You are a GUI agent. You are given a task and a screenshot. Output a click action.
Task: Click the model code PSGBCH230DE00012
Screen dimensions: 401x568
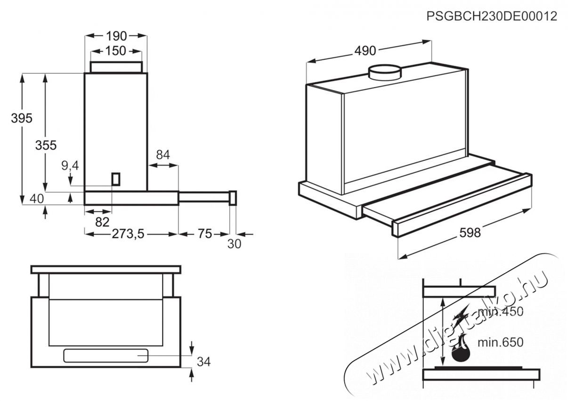point(492,17)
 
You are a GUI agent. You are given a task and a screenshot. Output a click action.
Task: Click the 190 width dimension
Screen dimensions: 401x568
point(116,36)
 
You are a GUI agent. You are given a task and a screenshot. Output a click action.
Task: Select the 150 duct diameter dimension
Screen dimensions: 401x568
point(116,51)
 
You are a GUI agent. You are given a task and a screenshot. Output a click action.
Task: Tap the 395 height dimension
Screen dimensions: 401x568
point(22,118)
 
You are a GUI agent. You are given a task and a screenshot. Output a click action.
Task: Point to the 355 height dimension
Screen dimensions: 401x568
point(46,145)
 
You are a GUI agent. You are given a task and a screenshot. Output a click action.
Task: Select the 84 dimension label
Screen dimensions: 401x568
point(163,155)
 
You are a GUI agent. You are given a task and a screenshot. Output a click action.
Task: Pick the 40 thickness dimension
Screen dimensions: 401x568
point(37,199)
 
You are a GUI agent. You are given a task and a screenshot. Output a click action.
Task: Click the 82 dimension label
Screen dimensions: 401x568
point(102,222)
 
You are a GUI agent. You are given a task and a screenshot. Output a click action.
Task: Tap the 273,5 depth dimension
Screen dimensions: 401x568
point(128,234)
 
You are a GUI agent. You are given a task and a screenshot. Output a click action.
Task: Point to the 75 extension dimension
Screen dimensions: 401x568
point(204,234)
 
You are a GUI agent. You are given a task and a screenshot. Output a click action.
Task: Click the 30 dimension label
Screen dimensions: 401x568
point(235,244)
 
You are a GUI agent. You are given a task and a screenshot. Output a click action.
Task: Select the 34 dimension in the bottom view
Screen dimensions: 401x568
point(203,362)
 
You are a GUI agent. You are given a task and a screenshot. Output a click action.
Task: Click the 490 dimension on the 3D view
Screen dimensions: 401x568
point(365,50)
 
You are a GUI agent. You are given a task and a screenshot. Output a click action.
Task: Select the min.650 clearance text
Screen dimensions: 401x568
point(500,342)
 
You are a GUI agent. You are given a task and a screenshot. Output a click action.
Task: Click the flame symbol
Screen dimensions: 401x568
point(460,348)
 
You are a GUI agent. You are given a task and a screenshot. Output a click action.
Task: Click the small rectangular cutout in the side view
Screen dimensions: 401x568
point(116,179)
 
